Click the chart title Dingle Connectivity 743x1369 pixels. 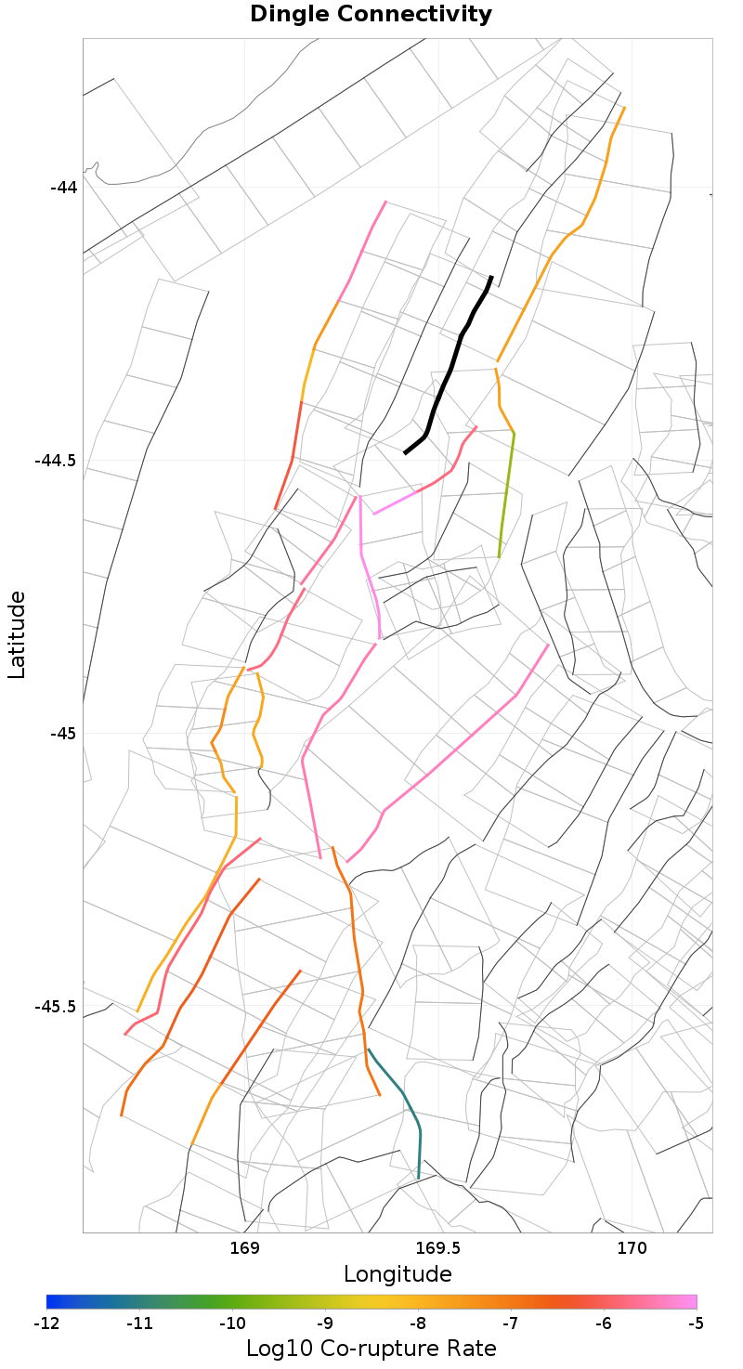point(371,15)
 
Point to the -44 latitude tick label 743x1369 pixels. point(64,187)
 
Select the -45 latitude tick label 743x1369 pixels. point(64,733)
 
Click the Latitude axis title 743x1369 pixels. point(17,635)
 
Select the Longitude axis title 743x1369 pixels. point(398,1273)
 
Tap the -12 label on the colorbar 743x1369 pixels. point(46,1322)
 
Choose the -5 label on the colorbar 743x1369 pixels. point(697,1322)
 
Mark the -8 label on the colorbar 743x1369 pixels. point(418,1322)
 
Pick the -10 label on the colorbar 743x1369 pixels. point(232,1322)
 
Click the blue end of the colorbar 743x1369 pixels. point(52,1301)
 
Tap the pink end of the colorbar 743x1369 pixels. point(691,1301)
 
